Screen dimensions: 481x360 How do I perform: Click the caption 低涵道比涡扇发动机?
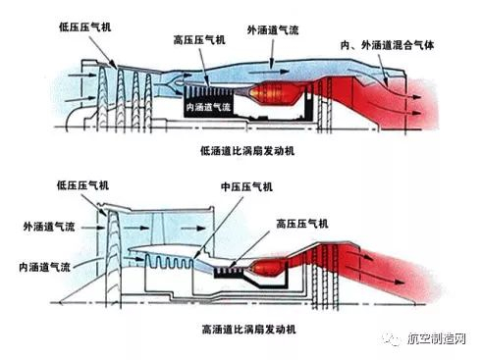[247, 151]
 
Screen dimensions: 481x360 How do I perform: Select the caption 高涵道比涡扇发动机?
[248, 329]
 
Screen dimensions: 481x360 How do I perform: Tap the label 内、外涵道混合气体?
[387, 45]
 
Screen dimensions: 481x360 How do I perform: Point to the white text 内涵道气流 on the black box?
[208, 107]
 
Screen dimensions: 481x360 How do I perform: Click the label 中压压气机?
[246, 187]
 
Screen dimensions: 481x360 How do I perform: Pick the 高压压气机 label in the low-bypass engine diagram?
[199, 40]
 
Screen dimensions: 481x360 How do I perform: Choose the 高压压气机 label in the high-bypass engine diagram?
[302, 224]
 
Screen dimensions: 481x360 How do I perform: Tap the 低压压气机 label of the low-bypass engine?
[85, 26]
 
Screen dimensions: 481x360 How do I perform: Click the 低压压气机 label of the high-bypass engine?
[82, 185]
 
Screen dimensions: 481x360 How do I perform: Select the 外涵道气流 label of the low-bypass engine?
[273, 30]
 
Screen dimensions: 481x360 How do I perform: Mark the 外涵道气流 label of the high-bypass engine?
[49, 227]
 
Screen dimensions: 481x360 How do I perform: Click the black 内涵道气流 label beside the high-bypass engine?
[44, 267]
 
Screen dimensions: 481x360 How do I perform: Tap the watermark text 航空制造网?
[437, 338]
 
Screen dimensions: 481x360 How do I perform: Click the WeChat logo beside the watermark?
[392, 339]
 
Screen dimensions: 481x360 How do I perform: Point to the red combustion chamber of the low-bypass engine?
[276, 93]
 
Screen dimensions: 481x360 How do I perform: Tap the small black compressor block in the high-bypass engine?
[229, 272]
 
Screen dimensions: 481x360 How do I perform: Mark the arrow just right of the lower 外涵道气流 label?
[87, 228]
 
